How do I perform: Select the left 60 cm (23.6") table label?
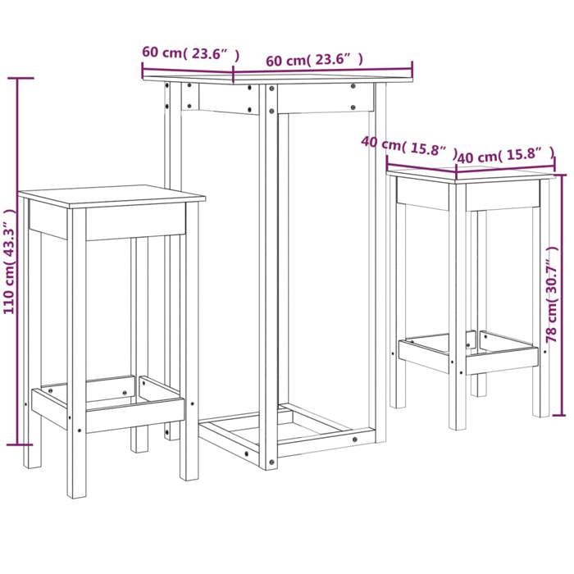click(x=190, y=53)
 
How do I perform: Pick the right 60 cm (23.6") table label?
click(x=315, y=60)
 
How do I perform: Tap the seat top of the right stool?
click(x=472, y=174)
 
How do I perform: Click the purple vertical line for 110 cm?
click(x=20, y=262)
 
